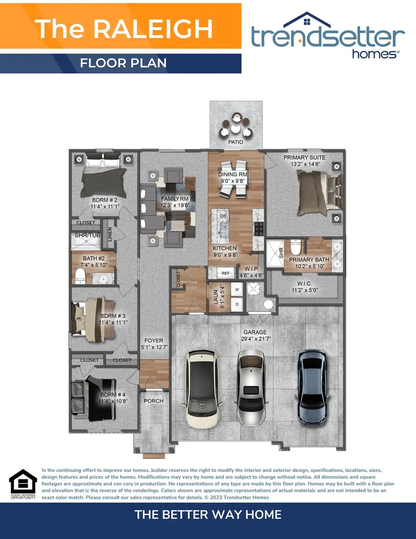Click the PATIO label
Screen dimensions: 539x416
click(x=235, y=142)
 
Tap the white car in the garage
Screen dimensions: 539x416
click(x=202, y=387)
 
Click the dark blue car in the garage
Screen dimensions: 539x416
click(x=313, y=386)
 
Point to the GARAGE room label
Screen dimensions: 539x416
click(x=255, y=332)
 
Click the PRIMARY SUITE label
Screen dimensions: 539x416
click(x=304, y=157)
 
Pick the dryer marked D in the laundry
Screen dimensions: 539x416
click(x=237, y=304)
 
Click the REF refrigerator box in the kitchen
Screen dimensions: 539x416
click(x=226, y=273)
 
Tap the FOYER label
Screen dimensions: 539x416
click(x=153, y=341)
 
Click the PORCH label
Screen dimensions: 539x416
click(x=153, y=401)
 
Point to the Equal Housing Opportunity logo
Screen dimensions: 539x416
click(x=23, y=483)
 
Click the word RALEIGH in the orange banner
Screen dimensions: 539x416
click(x=153, y=29)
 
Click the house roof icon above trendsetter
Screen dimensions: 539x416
click(x=307, y=20)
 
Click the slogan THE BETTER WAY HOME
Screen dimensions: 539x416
click(x=208, y=514)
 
